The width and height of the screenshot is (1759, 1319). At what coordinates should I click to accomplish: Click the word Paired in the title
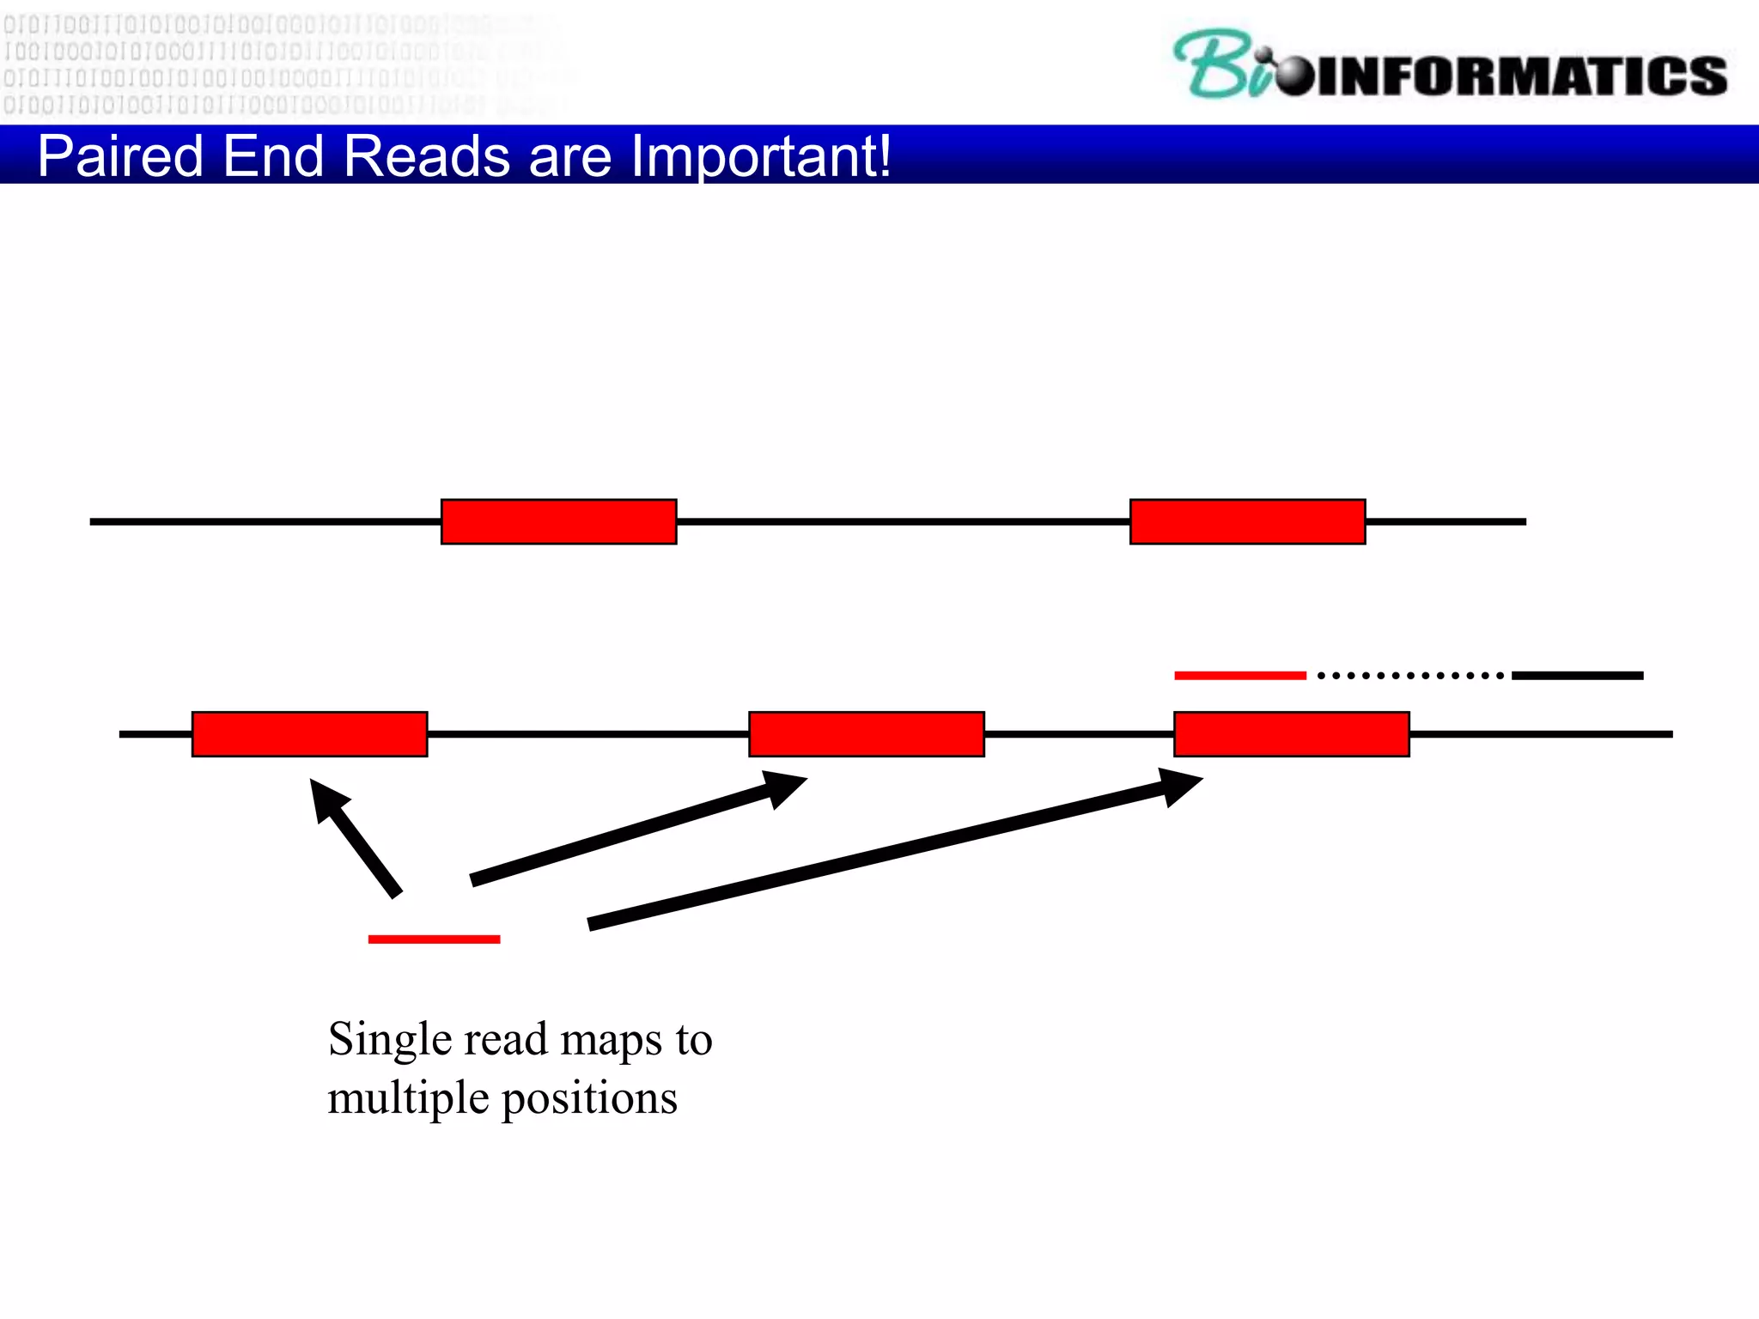[120, 157]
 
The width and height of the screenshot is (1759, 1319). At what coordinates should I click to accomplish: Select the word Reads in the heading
[427, 157]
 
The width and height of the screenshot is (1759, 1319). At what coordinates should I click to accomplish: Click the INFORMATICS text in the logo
[1520, 76]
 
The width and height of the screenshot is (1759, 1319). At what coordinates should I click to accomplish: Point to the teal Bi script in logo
[1220, 64]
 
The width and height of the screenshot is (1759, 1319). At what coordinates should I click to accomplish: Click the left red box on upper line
[558, 521]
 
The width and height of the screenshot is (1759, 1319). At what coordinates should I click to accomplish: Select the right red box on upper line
[1247, 521]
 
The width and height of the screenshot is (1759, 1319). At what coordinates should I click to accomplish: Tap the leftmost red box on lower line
[309, 734]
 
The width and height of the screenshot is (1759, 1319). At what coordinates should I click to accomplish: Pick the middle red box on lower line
[866, 734]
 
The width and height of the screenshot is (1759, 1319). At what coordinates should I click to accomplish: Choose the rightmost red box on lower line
[1291, 734]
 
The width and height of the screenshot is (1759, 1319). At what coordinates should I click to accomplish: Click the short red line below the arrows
[434, 939]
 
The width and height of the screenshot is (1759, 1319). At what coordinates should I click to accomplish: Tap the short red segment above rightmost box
[1239, 676]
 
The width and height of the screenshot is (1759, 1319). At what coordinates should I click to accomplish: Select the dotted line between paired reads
[1409, 676]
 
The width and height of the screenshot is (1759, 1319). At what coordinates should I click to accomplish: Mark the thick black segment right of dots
[1577, 676]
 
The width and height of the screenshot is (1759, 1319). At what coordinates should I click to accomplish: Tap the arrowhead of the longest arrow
[1180, 785]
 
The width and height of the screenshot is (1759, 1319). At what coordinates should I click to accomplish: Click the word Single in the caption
[390, 1040]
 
